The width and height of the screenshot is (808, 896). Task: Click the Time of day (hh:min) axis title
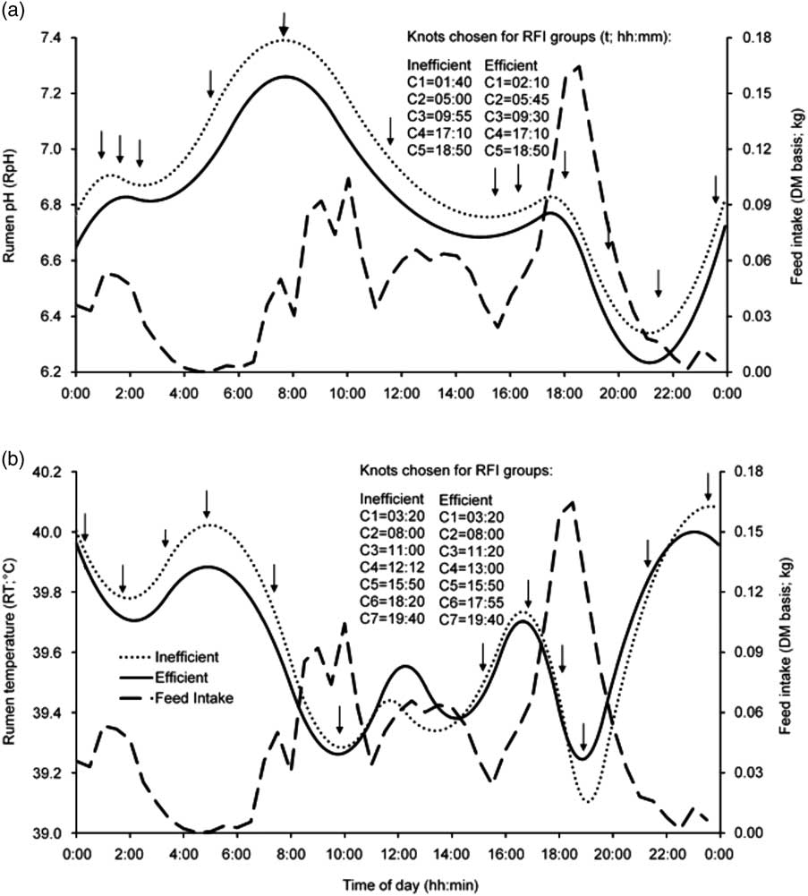[397, 882]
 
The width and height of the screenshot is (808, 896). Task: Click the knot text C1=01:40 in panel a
[439, 82]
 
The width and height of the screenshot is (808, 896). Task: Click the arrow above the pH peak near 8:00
[285, 23]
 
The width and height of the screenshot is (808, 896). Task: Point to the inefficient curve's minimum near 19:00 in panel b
[587, 801]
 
